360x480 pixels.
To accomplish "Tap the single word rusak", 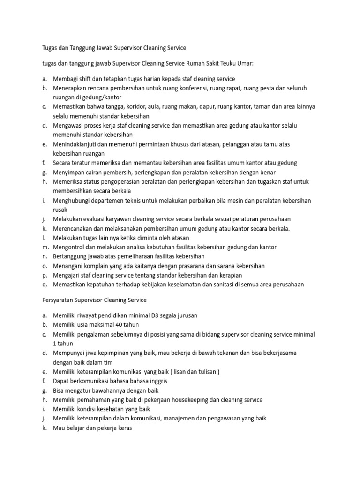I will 60,210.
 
